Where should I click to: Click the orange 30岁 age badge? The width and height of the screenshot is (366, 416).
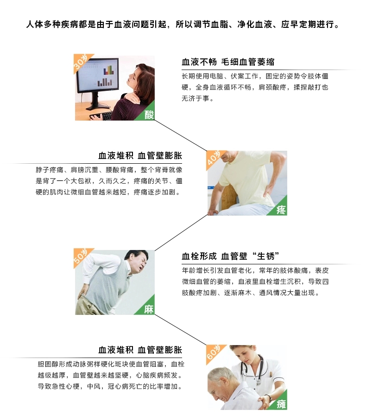(x=81, y=62)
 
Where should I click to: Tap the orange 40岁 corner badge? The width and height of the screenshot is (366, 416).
(x=214, y=158)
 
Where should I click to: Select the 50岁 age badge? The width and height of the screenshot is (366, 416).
(x=81, y=256)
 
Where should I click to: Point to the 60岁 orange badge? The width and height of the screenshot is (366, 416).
(x=214, y=352)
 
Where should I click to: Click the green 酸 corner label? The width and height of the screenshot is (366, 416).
(x=148, y=114)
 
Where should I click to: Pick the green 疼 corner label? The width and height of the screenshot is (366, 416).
(x=280, y=209)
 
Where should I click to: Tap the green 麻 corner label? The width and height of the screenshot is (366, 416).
(x=148, y=308)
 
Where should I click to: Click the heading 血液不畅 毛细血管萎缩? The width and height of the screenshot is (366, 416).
(x=228, y=62)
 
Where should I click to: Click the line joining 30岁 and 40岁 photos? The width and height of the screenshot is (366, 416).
(x=181, y=135)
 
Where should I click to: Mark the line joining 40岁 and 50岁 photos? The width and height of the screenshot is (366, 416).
(x=181, y=232)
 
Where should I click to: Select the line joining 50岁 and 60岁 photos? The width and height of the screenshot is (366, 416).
(x=181, y=330)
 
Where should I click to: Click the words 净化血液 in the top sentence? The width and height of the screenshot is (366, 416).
(x=255, y=25)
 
